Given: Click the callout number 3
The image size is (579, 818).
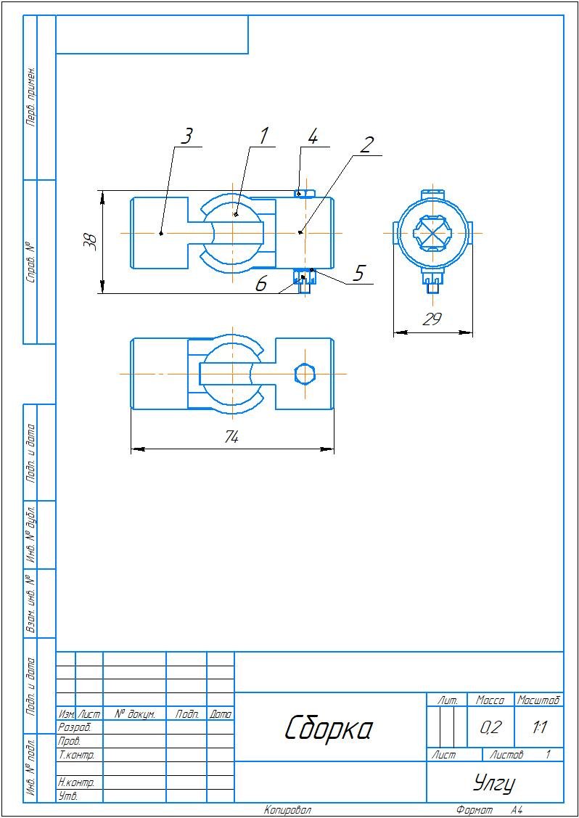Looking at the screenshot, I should [x=187, y=136].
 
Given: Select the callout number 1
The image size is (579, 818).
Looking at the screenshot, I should [x=264, y=135].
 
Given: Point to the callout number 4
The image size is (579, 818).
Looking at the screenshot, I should [x=313, y=136].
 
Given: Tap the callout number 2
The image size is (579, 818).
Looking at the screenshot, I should [x=366, y=144].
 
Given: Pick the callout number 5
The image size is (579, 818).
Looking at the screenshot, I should [x=358, y=273].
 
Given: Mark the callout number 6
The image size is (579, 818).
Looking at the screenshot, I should [x=261, y=284].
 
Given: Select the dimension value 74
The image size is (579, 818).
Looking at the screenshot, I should [x=231, y=437].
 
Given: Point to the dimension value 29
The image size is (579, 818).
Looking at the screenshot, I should [x=432, y=319].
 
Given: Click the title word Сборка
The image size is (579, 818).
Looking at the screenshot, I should [x=328, y=727].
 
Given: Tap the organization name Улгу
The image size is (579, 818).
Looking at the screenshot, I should [x=494, y=783].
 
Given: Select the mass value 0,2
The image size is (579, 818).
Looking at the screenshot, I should [x=490, y=727].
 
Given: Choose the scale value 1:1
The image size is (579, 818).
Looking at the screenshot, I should [x=539, y=727].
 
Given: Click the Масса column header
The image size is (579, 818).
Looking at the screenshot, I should [x=490, y=700].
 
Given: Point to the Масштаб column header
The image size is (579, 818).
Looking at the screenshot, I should [x=538, y=700].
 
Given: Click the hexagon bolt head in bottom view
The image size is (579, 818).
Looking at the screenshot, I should [x=305, y=374].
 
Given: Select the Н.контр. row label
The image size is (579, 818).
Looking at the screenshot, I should [x=75, y=783].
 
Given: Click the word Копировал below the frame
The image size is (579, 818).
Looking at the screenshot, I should [x=287, y=810].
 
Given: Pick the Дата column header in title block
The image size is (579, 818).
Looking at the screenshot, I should [x=221, y=715].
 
